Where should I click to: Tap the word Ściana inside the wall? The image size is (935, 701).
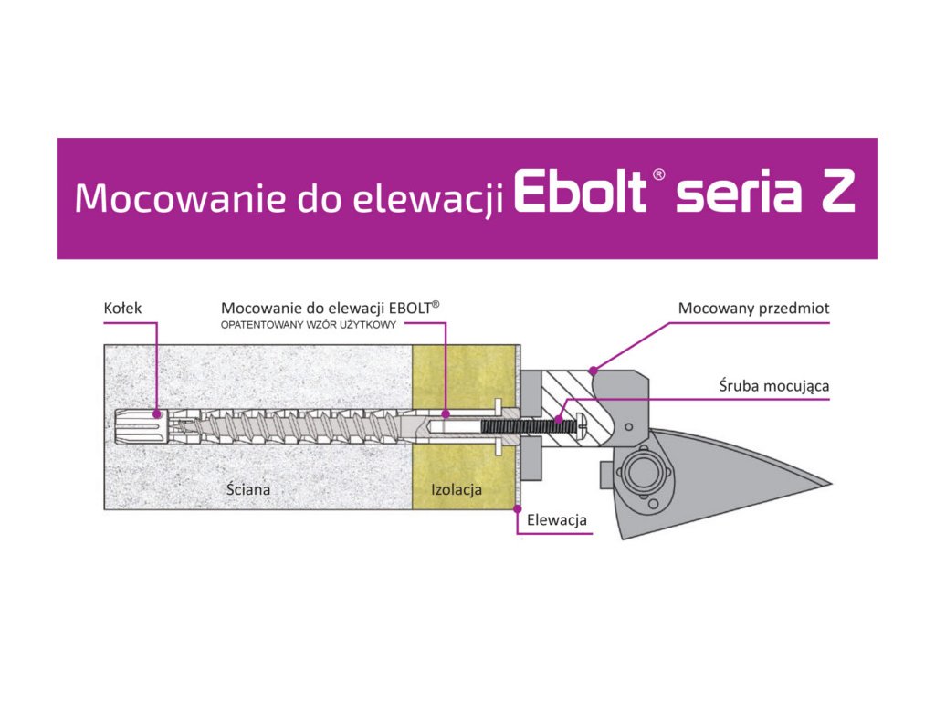248,490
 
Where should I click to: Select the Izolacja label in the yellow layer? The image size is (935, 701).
456,490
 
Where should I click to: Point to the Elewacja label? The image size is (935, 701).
557,521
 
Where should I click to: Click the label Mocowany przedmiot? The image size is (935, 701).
753,309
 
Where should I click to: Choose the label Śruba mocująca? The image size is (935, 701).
773,386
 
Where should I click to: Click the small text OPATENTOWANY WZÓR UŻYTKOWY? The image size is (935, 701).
309,326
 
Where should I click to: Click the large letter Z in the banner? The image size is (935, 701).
837,194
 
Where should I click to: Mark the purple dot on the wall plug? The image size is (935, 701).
157,413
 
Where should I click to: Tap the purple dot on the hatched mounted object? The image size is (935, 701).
594,370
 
